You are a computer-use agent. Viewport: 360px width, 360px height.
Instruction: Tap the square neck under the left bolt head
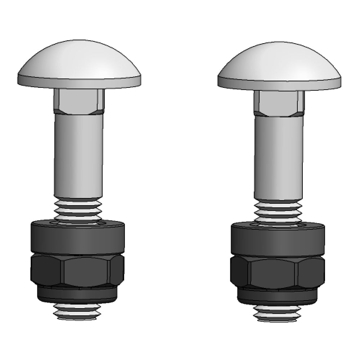coord(79,102)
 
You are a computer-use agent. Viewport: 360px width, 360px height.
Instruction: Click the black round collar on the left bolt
coord(78,238)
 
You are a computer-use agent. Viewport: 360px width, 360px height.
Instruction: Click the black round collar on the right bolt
coord(278,239)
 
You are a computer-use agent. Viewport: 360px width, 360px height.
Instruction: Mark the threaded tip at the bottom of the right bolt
coord(277,313)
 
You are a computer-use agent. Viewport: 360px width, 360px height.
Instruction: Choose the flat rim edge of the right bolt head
coord(279,84)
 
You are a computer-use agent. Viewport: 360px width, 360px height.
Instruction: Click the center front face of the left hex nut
coord(86,271)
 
